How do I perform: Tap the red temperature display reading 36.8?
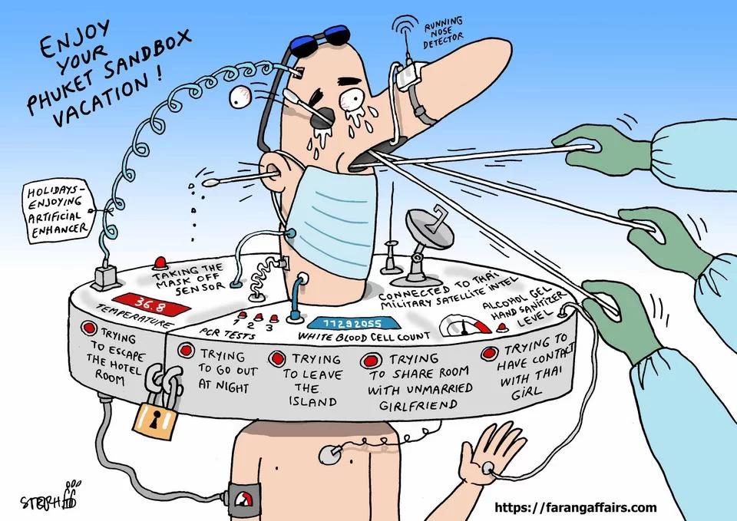pyautogui.click(x=151, y=305)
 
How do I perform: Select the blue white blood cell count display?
pyautogui.click(x=354, y=323)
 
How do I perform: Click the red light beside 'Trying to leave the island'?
pyautogui.click(x=277, y=359)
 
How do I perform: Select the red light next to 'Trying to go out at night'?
pyautogui.click(x=186, y=350)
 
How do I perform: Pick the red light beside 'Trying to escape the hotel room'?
pyautogui.click(x=88, y=328)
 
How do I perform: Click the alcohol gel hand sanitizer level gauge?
pyautogui.click(x=464, y=325)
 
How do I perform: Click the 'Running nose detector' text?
pyautogui.click(x=443, y=33)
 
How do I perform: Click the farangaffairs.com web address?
pyautogui.click(x=575, y=507)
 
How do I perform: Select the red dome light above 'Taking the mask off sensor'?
pyautogui.click(x=160, y=262)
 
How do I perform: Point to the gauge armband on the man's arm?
pyautogui.click(x=243, y=500)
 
